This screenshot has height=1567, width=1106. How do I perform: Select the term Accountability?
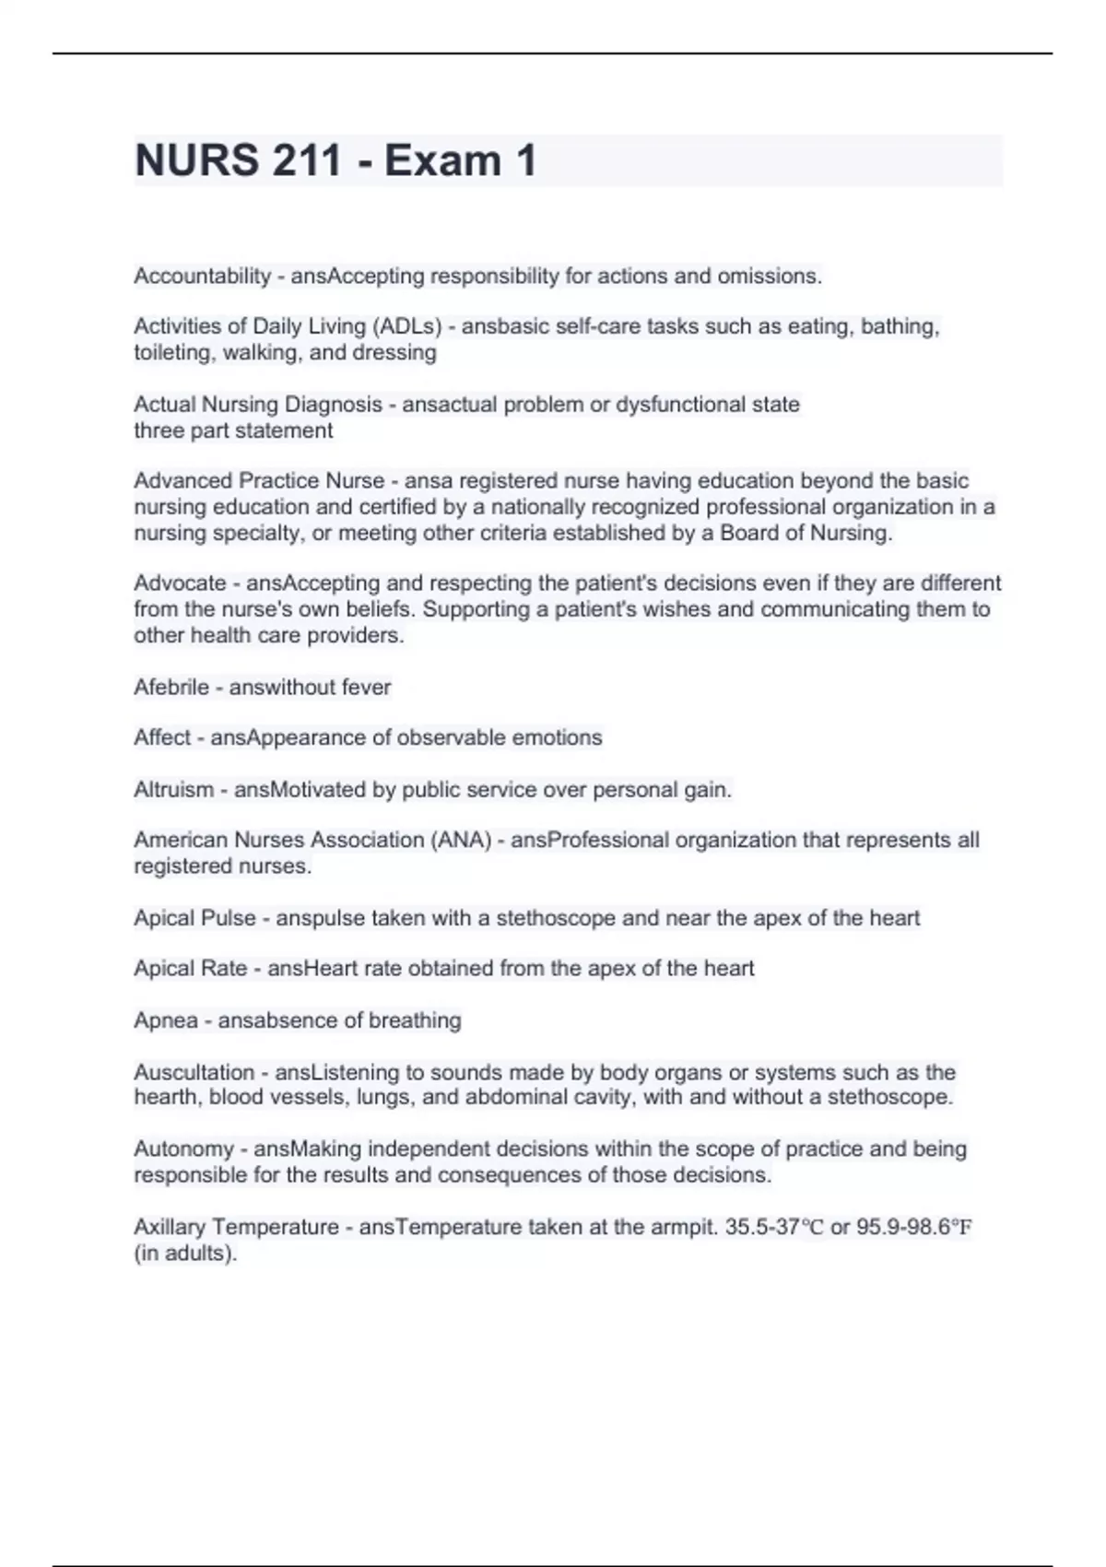pos(203,276)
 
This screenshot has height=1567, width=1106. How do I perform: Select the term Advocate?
pos(180,583)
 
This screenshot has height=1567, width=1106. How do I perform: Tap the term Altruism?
pos(173,790)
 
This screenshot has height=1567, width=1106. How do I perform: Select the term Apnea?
pos(166,1020)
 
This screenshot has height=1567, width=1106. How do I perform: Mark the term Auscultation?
pos(194,1072)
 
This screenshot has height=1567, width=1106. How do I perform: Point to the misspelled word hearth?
pos(166,1097)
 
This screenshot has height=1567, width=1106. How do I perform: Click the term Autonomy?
pos(183,1149)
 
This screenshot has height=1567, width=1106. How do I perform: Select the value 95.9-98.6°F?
pos(914,1227)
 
